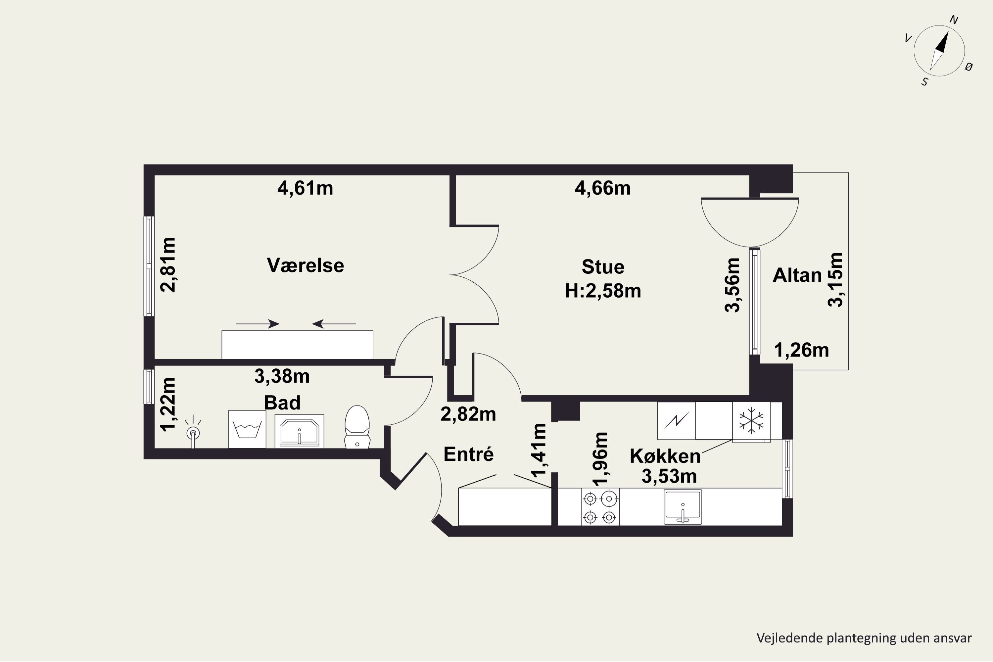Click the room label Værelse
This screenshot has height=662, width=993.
click(305, 265)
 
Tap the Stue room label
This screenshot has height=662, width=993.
click(603, 267)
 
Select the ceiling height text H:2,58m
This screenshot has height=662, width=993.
click(603, 291)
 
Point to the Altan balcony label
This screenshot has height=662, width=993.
click(797, 275)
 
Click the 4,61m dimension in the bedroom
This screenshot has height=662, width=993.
click(305, 188)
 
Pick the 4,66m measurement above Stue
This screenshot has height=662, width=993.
click(603, 188)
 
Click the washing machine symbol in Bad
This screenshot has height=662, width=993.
click(247, 429)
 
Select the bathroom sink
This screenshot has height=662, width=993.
click(299, 431)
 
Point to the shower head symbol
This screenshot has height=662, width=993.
click(193, 432)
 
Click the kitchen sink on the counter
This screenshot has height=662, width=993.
click(683, 507)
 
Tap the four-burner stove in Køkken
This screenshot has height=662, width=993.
click(600, 507)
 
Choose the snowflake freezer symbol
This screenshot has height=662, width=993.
click(751, 420)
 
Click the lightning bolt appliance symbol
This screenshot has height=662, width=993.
click(676, 420)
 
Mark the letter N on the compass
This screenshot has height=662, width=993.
click(954, 20)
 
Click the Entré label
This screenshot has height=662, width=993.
click(469, 454)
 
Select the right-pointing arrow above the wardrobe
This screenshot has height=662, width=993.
click(258, 324)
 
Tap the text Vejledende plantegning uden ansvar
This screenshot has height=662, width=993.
click(864, 638)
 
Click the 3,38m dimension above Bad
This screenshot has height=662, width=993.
click(282, 376)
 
